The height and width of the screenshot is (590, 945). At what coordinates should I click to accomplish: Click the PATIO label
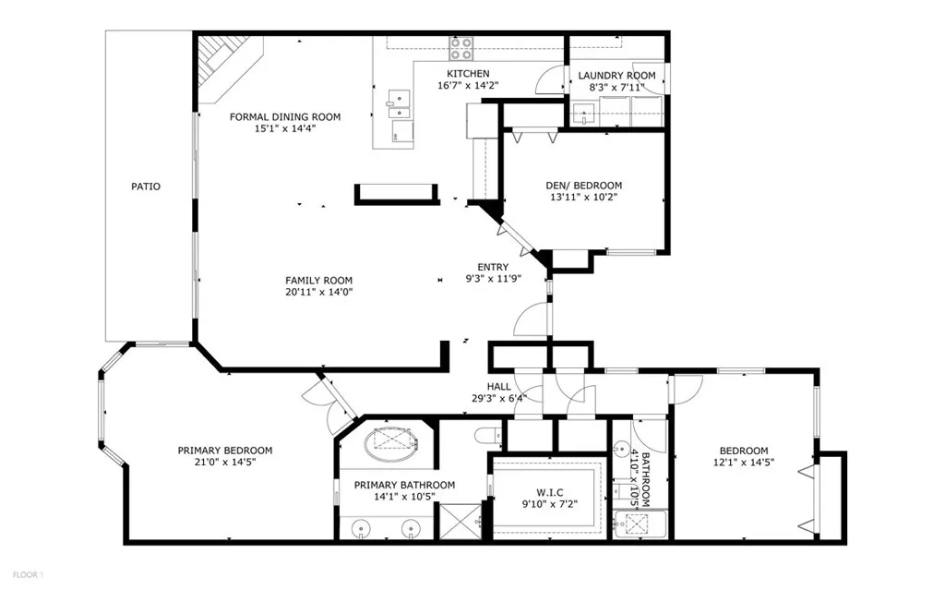pyautogui.click(x=145, y=187)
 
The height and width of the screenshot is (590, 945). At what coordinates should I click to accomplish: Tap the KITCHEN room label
pyautogui.click(x=468, y=74)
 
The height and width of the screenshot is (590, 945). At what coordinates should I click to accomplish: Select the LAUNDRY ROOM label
pyautogui.click(x=616, y=76)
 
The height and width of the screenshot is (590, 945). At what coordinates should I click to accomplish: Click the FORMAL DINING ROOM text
pyautogui.click(x=285, y=117)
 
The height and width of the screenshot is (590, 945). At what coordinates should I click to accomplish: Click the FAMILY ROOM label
pyautogui.click(x=318, y=281)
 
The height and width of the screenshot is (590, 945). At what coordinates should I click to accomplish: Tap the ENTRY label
pyautogui.click(x=493, y=268)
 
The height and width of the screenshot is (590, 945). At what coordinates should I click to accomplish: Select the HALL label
pyautogui.click(x=499, y=387)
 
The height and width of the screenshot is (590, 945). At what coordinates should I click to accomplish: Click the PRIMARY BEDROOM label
pyautogui.click(x=225, y=451)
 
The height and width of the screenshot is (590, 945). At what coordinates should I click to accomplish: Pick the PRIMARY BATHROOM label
pyautogui.click(x=404, y=485)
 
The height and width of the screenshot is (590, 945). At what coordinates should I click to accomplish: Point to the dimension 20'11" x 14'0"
pyautogui.click(x=318, y=292)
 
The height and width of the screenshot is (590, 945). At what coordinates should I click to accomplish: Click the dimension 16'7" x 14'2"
pyautogui.click(x=468, y=85)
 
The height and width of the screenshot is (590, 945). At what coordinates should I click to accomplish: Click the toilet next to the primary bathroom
pyautogui.click(x=487, y=436)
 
